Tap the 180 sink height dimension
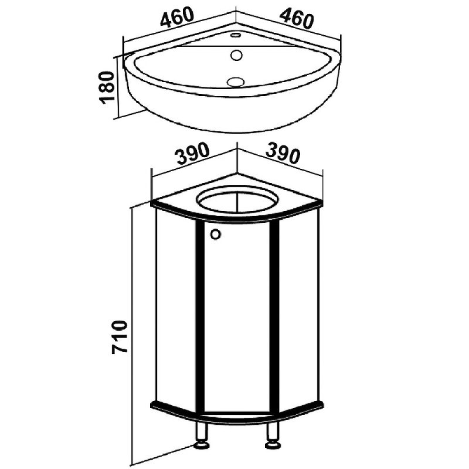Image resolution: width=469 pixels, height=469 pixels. pos(108,87)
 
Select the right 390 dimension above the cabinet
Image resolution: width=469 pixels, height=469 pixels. pos(283,152)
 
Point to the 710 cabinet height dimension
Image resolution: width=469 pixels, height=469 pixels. pos(120,338)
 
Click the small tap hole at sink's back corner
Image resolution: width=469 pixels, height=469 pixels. pos(236,35)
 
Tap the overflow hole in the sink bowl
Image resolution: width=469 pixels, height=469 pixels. pos(236,55)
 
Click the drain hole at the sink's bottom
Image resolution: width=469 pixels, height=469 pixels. pos(236,81)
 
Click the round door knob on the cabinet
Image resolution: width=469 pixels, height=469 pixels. pos(215,234)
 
